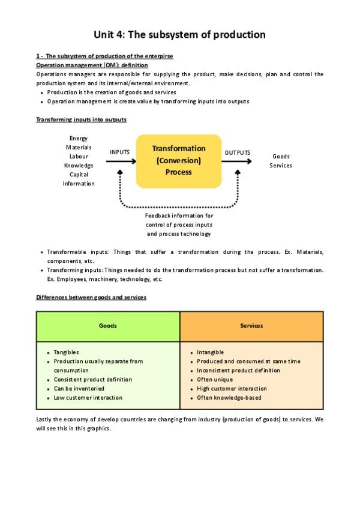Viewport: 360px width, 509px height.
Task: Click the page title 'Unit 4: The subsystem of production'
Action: click(x=179, y=34)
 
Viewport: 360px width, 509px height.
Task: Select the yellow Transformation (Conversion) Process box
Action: click(x=179, y=160)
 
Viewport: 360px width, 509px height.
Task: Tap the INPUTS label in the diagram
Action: click(x=119, y=152)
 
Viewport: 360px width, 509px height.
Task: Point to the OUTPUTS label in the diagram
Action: click(x=238, y=153)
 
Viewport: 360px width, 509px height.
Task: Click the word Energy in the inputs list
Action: click(x=79, y=138)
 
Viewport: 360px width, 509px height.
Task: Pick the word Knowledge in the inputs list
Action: click(x=79, y=166)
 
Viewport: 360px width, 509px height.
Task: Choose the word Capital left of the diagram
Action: click(x=79, y=175)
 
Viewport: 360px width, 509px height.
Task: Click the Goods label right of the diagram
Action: click(x=281, y=157)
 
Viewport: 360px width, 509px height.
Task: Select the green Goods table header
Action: click(x=108, y=326)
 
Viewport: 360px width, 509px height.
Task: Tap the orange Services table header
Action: click(x=251, y=326)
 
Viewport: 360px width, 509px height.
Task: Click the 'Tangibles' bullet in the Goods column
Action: click(x=66, y=352)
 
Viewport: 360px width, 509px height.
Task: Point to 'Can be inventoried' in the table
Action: click(x=79, y=388)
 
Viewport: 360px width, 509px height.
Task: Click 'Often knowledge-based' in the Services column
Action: click(x=229, y=397)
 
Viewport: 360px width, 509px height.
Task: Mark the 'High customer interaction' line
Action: click(x=232, y=388)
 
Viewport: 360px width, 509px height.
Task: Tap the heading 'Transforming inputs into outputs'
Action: click(x=81, y=119)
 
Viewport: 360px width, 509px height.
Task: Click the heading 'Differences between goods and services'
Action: click(x=91, y=297)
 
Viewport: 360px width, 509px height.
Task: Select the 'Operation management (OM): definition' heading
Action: click(x=92, y=65)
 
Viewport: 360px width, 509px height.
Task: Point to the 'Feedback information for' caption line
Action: click(x=179, y=215)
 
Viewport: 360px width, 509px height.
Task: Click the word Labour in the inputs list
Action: click(x=79, y=157)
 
